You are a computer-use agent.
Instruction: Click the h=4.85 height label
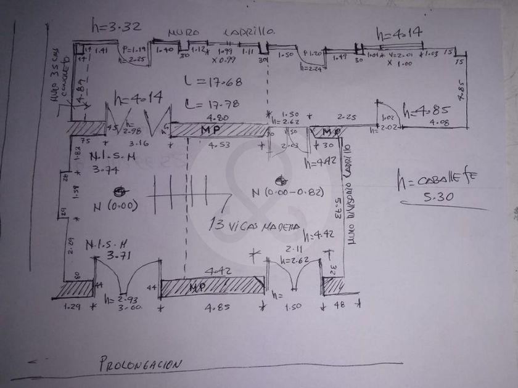click(x=427, y=110)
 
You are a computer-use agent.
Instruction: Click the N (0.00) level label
click(x=113, y=204)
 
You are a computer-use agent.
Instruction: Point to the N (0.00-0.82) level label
click(x=287, y=193)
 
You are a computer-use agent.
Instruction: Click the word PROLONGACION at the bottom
click(x=141, y=364)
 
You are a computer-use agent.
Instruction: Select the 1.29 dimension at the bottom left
click(x=73, y=305)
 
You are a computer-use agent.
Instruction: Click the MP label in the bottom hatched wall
click(x=199, y=287)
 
